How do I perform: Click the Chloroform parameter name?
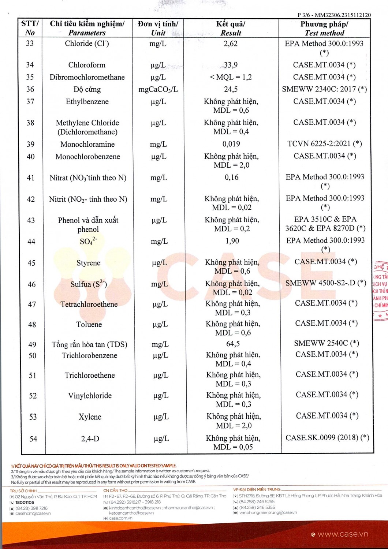pyautogui.click(x=87, y=65)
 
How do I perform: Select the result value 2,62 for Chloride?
pyautogui.click(x=231, y=44)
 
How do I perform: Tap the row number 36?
pyautogui.click(x=30, y=89)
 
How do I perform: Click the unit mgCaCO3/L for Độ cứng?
pyautogui.click(x=158, y=90)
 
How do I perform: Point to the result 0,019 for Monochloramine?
pyautogui.click(x=231, y=144)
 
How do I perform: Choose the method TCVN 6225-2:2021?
pyautogui.click(x=324, y=144)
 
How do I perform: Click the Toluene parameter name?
pyautogui.click(x=89, y=325)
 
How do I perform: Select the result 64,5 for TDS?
pyautogui.click(x=233, y=344)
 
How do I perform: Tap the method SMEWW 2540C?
pyautogui.click(x=327, y=343)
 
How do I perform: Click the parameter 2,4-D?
pyautogui.click(x=90, y=438)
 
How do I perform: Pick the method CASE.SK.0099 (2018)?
pyautogui.click(x=327, y=438)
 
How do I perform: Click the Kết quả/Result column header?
pyautogui.click(x=231, y=29)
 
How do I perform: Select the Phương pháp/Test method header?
pyautogui.click(x=324, y=29)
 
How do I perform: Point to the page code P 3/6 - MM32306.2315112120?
pyautogui.click(x=334, y=15)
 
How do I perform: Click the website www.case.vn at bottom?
pyautogui.click(x=343, y=534)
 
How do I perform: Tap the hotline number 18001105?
pyautogui.click(x=25, y=503)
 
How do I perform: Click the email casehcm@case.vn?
pyautogui.click(x=33, y=513)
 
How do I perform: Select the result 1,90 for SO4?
pyautogui.click(x=232, y=241)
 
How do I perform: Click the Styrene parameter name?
pyautogui.click(x=88, y=263)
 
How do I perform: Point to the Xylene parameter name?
pyautogui.click(x=90, y=417)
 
